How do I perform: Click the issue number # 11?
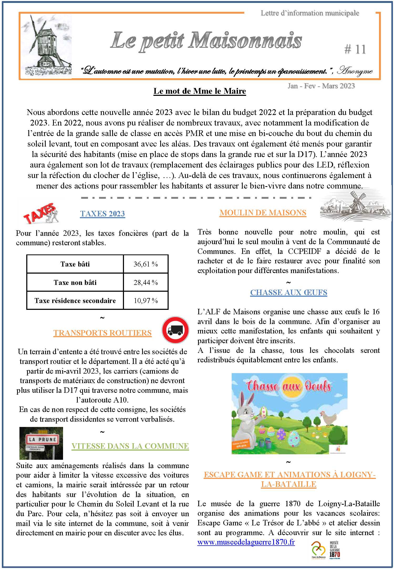pos(355,49)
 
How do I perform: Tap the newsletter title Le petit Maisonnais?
pos(206,41)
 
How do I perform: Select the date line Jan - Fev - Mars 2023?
pos(321,86)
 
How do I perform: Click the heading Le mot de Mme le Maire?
pos(200,91)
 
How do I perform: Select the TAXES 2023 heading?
pos(102,214)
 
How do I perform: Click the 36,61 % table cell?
pos(146,264)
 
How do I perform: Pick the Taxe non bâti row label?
pos(75,282)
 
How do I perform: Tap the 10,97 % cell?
pos(146,300)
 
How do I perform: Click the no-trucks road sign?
pos(175,330)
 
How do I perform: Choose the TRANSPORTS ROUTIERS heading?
pos(102,333)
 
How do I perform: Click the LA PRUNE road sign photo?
pos(41,443)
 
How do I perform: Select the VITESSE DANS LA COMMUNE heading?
pos(130,446)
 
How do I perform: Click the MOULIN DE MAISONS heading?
pos(263,213)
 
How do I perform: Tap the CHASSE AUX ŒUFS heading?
pos(289,293)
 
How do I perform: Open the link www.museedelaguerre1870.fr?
pos(246,542)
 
